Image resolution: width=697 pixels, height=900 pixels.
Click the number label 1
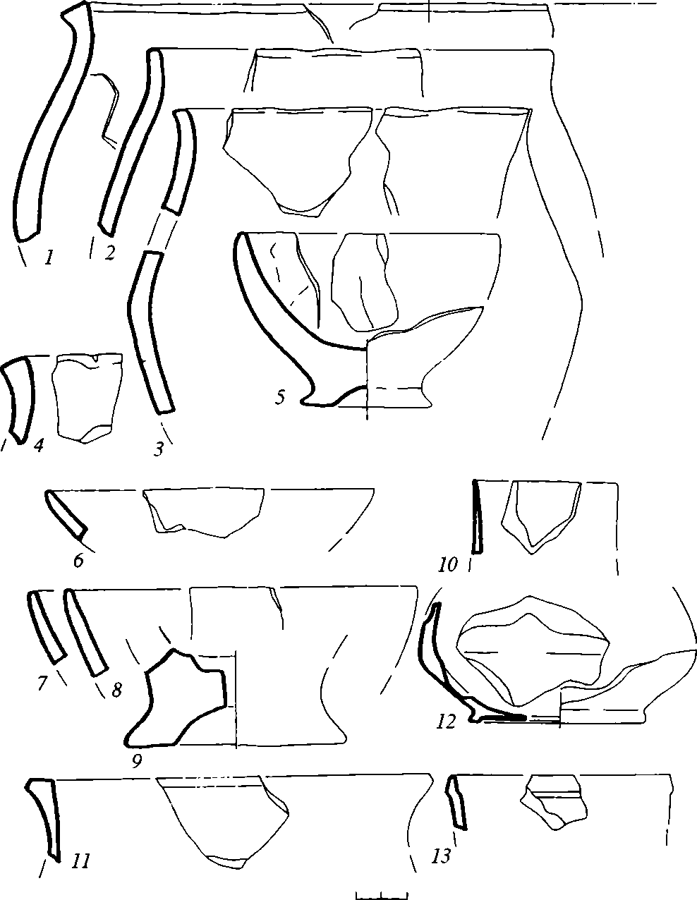(49, 258)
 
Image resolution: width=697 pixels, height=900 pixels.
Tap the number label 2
(109, 253)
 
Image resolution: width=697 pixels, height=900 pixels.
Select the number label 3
(159, 449)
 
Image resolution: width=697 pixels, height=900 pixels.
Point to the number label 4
(39, 446)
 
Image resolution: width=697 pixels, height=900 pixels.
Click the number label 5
(280, 398)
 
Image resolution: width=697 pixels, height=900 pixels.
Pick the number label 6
(78, 560)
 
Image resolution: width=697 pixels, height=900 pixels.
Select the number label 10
(449, 564)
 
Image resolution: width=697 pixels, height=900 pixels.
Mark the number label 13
(441, 854)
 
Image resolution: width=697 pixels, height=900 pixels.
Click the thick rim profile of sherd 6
(66, 513)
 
